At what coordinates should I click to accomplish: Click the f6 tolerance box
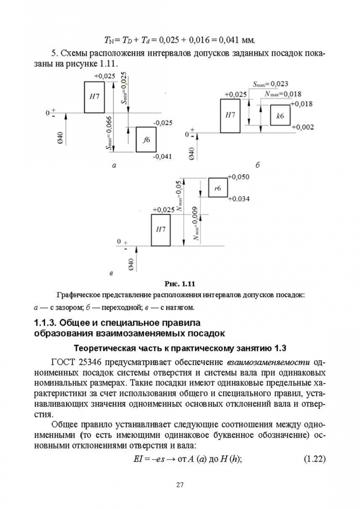[146, 140]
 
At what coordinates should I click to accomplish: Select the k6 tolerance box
[281, 115]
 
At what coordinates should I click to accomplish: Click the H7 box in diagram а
[94, 97]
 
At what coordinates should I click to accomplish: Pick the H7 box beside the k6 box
[230, 115]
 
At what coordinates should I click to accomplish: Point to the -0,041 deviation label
[163, 156]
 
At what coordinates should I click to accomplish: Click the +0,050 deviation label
[238, 177]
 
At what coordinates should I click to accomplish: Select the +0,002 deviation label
[302, 127]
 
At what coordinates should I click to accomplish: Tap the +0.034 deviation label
[238, 199]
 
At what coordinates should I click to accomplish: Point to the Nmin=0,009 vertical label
[195, 228]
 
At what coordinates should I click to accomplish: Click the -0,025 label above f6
[163, 123]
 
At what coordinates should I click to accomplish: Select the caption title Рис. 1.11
[180, 284]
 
